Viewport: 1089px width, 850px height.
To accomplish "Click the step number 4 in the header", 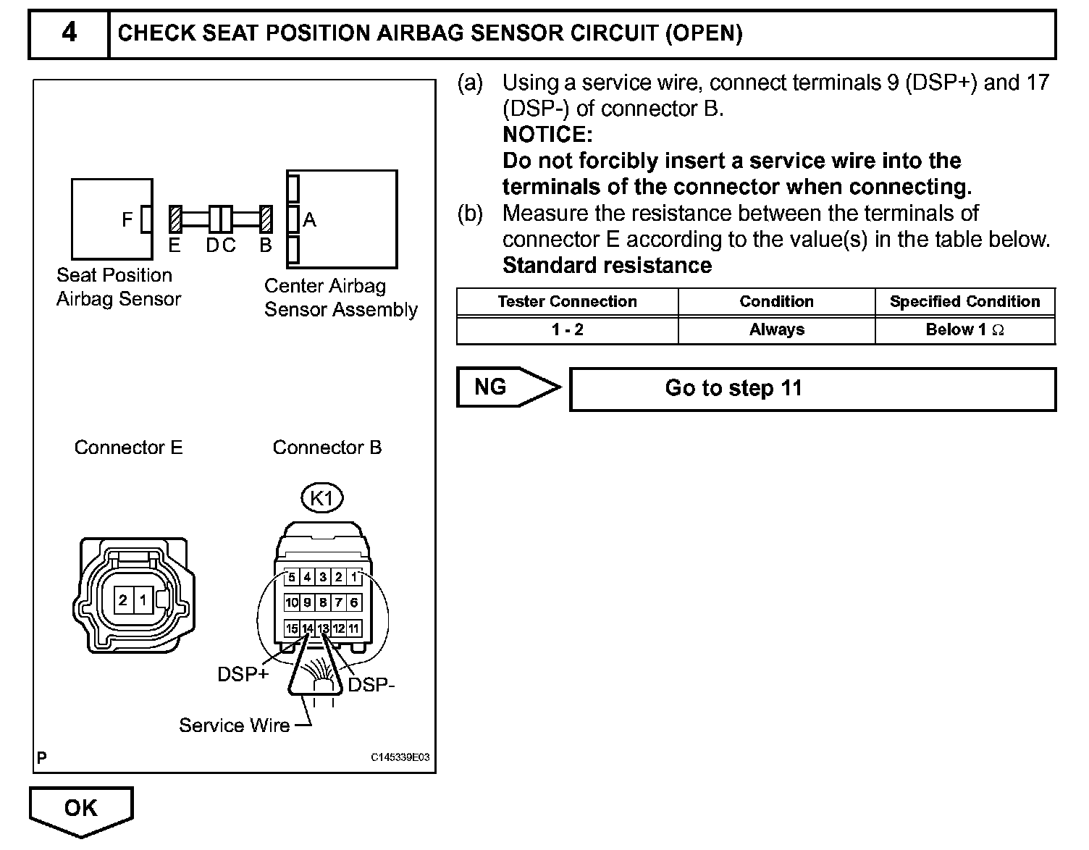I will coord(69,33).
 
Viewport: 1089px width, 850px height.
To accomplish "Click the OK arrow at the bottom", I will coord(80,809).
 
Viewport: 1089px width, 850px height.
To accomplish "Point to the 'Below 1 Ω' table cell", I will coord(964,330).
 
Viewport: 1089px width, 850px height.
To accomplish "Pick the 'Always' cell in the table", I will coord(776,330).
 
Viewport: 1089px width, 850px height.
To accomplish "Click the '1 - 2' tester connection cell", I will coord(567,330).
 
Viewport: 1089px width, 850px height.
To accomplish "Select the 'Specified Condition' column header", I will coord(964,302).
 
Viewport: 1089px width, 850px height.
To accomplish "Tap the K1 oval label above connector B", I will coord(321,498).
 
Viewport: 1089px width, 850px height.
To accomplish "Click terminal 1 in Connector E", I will coord(143,600).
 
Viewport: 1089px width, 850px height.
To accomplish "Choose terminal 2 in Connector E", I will coord(123,600).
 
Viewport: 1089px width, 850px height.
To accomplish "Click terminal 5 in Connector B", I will coord(292,577).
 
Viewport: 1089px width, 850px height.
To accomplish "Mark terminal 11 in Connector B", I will coord(354,628).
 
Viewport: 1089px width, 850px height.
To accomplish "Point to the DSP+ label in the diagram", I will coord(243,675).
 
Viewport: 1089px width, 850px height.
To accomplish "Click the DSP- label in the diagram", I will coord(371,685).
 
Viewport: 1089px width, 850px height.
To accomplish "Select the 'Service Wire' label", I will coord(234,725).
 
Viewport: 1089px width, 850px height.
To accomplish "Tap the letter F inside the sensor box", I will coord(127,219).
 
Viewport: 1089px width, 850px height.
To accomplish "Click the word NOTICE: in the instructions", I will coord(547,135).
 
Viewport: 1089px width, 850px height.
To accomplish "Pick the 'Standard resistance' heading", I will coord(607,266).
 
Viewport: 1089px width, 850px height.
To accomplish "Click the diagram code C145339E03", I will coord(400,757).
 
